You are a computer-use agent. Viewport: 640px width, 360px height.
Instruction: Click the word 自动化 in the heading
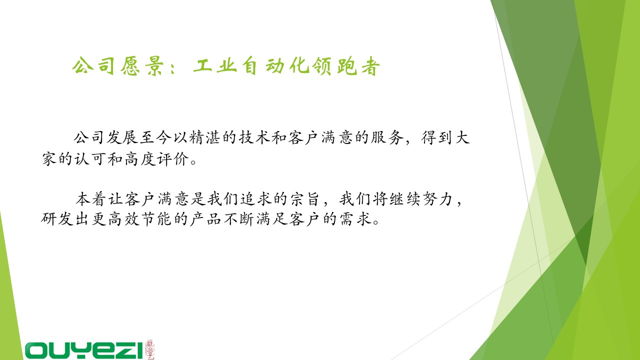click(275, 66)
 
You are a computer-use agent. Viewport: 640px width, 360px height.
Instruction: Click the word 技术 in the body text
click(254, 137)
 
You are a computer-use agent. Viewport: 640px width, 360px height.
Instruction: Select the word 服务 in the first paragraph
click(387, 137)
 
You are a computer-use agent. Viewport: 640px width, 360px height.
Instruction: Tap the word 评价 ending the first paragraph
click(173, 159)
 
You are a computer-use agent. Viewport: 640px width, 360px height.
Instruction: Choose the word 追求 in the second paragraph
click(255, 199)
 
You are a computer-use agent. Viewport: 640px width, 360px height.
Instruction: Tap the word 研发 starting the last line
click(57, 219)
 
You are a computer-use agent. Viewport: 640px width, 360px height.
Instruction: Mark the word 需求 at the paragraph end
click(355, 219)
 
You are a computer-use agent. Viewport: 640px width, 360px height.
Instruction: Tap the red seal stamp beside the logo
click(149, 349)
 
